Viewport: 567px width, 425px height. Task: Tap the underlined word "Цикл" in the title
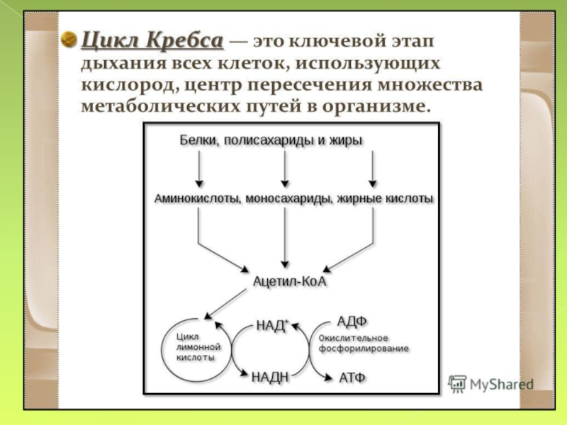[111, 40]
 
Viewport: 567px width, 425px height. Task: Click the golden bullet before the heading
[69, 38]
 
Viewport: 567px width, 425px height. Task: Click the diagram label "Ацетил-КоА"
[286, 282]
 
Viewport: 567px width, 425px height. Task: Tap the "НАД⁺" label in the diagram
[272, 326]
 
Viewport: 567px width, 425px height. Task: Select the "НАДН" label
[270, 377]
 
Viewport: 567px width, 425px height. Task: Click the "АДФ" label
[352, 322]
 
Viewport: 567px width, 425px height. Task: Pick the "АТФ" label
[352, 377]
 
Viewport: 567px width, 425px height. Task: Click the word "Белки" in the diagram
[196, 140]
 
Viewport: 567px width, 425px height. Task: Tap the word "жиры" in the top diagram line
[345, 140]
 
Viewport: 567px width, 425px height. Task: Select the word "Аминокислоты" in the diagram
[196, 199]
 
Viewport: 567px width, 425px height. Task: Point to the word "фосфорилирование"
[364, 350]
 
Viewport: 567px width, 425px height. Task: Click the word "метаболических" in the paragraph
[145, 109]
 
